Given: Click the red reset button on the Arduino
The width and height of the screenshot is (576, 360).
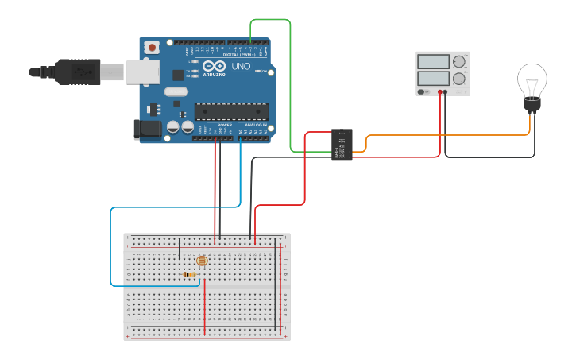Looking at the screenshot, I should [153, 47].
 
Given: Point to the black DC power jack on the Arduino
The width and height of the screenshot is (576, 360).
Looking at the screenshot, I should [147, 128].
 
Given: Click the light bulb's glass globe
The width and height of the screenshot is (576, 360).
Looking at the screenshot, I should [532, 79].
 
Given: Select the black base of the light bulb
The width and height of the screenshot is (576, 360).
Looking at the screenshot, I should [532, 105].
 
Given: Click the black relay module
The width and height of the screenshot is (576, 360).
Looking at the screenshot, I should [342, 144].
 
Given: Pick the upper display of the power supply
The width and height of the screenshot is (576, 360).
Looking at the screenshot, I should [433, 62].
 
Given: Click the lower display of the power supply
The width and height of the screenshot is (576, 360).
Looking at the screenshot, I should [433, 79].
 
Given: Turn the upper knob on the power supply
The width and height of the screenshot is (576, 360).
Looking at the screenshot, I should [458, 62].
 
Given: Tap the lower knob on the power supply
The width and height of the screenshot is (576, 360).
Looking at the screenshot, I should [458, 79].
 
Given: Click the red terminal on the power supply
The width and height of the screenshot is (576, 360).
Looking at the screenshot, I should [439, 92].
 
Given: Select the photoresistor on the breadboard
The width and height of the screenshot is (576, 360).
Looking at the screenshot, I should [201, 260].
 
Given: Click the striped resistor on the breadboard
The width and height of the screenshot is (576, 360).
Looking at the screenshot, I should [189, 274].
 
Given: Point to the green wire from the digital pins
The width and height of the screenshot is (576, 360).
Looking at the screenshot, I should [289, 79].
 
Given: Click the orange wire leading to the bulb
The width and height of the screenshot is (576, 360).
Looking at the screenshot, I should [445, 135].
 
